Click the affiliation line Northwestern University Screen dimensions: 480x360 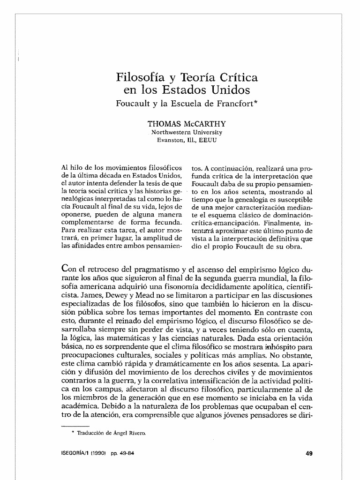187,133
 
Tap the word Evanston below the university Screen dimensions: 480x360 171,140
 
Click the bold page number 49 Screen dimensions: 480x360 309,453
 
